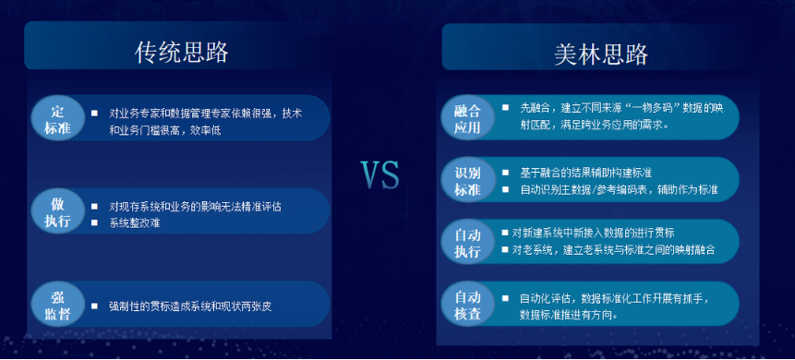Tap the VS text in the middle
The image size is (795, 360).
[379, 174]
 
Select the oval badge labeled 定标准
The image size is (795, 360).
[57, 119]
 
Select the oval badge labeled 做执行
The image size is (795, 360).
[57, 213]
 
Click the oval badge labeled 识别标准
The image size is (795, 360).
[469, 181]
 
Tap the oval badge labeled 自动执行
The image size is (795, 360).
[469, 242]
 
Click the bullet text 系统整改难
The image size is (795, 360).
[135, 222]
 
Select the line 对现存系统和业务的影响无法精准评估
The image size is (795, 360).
[195, 206]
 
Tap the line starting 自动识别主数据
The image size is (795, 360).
[619, 189]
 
